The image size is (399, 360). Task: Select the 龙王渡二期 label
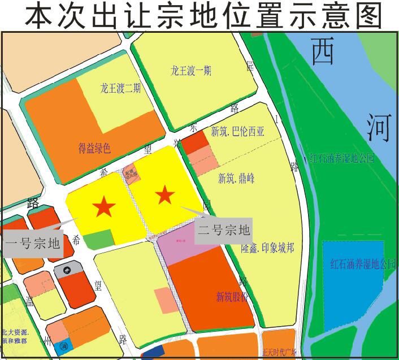(120, 89)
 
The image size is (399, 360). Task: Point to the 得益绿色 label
(94, 149)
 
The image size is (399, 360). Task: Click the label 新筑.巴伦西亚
(237, 132)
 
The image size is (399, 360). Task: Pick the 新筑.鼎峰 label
(236, 179)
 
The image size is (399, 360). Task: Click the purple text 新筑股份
(232, 296)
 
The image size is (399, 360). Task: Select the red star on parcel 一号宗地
(103, 206)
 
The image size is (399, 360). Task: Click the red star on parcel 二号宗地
(165, 196)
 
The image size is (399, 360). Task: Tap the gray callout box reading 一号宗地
(32, 244)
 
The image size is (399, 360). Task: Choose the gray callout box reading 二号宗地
(223, 231)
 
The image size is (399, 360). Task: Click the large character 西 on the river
(323, 51)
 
